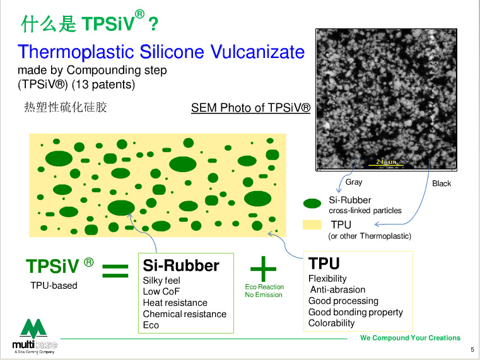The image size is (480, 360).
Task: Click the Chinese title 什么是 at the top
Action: [49, 25]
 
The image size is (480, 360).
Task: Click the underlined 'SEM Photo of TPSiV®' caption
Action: [250, 108]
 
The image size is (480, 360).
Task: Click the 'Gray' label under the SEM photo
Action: [354, 182]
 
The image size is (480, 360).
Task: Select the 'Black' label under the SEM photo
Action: [442, 183]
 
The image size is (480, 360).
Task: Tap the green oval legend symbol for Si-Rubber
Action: [313, 204]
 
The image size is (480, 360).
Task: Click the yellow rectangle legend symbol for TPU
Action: [313, 224]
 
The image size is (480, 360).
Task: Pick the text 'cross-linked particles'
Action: [365, 211]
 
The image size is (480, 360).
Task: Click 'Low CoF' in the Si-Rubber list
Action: [161, 291]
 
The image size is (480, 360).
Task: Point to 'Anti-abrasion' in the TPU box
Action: [337, 290]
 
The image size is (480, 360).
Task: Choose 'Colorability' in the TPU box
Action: [331, 323]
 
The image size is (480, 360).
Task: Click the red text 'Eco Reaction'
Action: [264, 287]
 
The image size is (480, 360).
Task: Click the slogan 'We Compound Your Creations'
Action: [410, 338]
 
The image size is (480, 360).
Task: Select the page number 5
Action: [472, 351]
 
